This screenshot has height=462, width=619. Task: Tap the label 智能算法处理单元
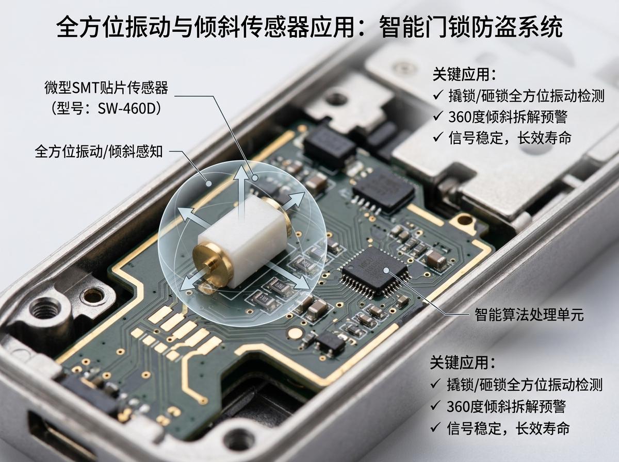[529, 315]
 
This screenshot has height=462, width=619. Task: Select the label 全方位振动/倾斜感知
[99, 152]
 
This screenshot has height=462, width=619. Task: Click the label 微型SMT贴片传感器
[106, 87]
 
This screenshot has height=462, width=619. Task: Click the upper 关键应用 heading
[464, 74]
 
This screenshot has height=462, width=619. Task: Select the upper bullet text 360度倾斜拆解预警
[508, 117]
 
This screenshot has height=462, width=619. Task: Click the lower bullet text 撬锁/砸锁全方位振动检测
[525, 385]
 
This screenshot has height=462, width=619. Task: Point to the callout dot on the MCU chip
[386, 270]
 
